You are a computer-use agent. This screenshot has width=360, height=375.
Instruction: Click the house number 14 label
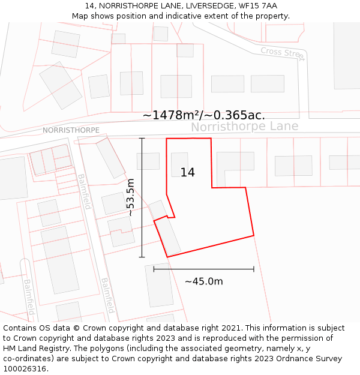pyautogui.click(x=187, y=173)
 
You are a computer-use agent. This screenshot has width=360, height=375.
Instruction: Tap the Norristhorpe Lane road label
pyautogui.click(x=244, y=127)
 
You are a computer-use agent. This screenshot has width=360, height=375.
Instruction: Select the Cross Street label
pyautogui.click(x=283, y=53)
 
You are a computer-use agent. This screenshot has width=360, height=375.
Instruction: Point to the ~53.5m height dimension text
pyautogui.click(x=130, y=197)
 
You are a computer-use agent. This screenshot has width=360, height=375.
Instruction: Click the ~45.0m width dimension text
pyautogui.click(x=203, y=281)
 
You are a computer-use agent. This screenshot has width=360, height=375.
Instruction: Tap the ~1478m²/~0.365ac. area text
pyautogui.click(x=203, y=115)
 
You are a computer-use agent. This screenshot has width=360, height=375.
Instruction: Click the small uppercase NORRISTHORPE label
pyautogui.click(x=71, y=130)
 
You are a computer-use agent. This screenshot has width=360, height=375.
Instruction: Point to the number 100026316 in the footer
pyautogui.click(x=25, y=369)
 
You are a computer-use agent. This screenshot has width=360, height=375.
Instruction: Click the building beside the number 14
pyautogui.click(x=179, y=164)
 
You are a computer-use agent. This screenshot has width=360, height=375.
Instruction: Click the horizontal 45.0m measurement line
pyautogui.click(x=203, y=269)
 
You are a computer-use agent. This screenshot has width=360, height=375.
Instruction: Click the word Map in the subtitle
pyautogui.click(x=80, y=16)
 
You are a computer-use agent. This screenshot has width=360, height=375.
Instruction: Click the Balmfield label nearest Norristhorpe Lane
pyautogui.click(x=84, y=191)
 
